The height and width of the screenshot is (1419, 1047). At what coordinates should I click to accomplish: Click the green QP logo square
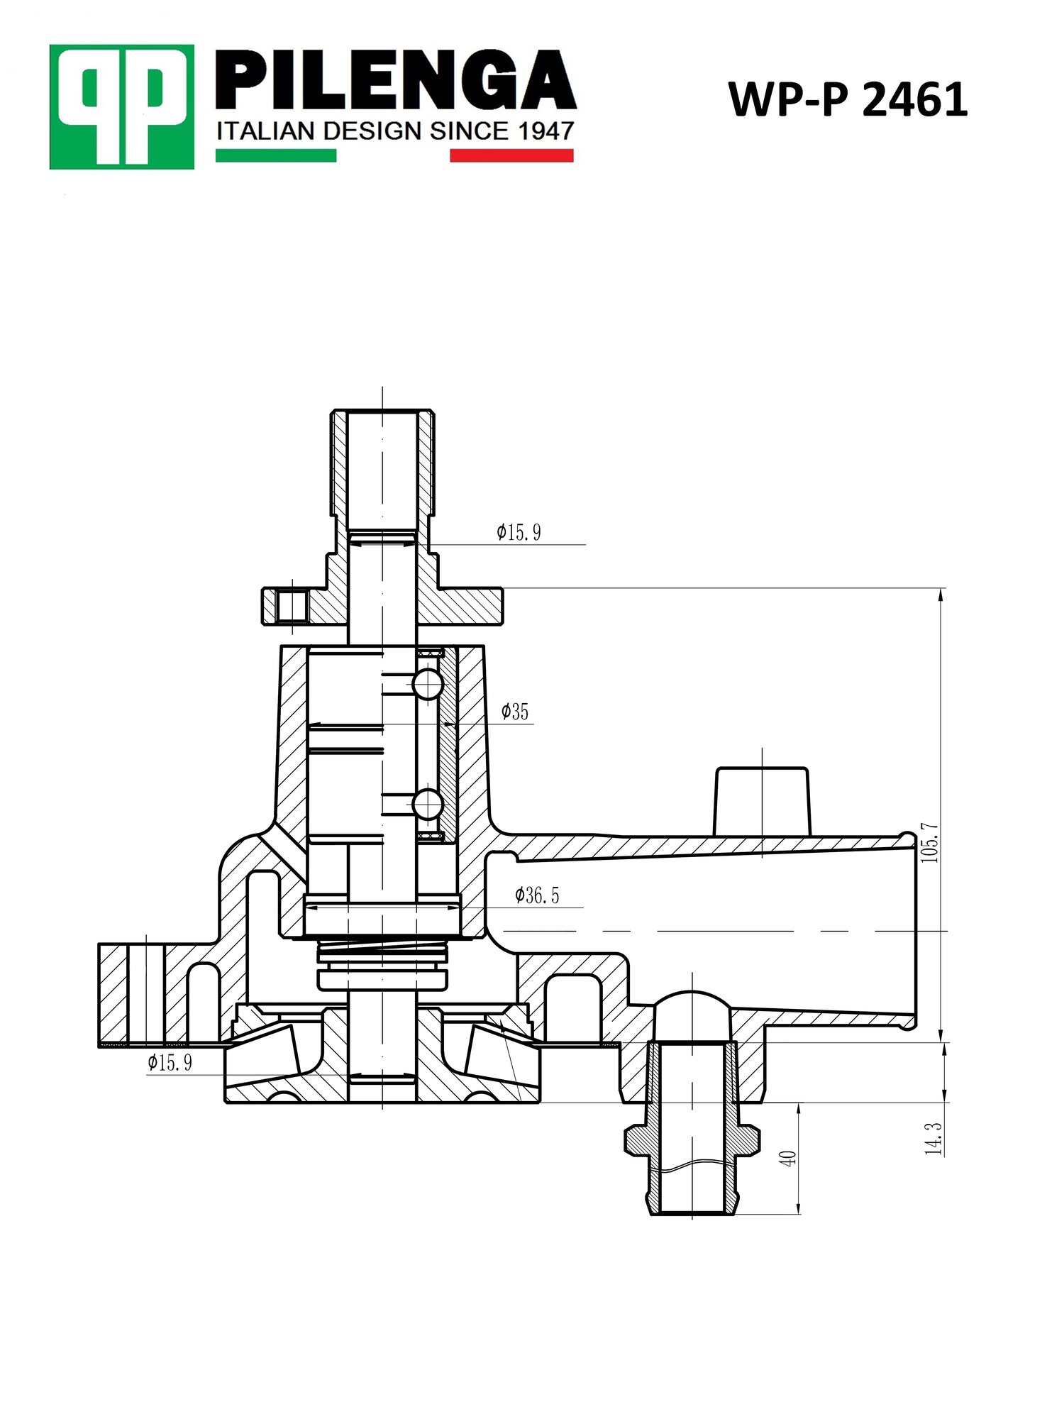[x=121, y=106]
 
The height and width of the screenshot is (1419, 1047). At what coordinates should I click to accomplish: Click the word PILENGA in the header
[x=395, y=80]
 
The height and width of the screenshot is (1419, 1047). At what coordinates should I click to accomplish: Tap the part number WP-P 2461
[x=848, y=99]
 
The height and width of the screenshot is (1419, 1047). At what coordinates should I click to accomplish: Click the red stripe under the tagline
[x=511, y=155]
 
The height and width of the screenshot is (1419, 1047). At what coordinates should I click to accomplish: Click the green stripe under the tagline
[x=276, y=155]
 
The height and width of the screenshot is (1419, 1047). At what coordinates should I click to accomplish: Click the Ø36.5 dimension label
[x=538, y=895]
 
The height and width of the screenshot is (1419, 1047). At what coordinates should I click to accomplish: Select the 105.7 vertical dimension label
[x=929, y=843]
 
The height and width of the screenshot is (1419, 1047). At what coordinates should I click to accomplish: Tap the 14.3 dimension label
[x=933, y=1139]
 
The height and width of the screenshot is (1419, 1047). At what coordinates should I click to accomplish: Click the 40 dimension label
[x=787, y=1158]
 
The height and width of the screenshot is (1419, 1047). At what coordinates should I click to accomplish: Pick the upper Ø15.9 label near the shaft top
[x=519, y=532]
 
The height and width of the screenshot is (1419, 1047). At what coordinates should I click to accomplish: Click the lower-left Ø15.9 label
[x=170, y=1062]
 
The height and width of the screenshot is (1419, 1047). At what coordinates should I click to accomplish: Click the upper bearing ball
[x=428, y=684]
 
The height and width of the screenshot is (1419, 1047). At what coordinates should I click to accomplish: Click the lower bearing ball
[x=428, y=805]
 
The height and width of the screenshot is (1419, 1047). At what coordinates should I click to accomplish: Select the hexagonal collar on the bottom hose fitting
[x=692, y=1139]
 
